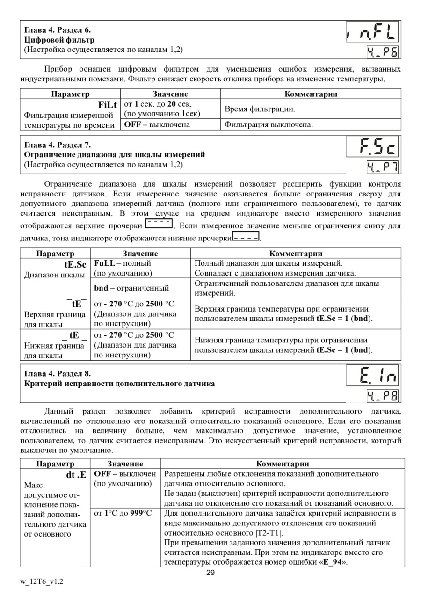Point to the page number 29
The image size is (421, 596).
pos(210,574)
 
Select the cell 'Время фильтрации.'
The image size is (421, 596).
pos(260,109)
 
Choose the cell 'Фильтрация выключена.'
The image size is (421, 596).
pos(269,124)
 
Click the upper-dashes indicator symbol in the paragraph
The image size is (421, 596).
pos(159,224)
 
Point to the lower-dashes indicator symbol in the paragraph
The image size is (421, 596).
pos(246,238)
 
